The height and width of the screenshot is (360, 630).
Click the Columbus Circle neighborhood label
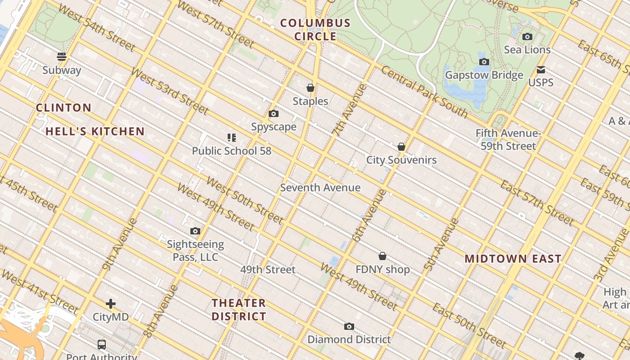tap(315, 30)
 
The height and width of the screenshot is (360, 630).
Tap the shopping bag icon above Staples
tap(310, 87)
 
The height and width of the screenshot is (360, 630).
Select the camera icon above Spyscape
tap(273, 114)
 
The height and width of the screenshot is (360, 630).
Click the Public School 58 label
tap(232, 151)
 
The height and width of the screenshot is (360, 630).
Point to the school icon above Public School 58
tap(232, 137)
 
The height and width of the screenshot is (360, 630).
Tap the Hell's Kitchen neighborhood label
tap(95, 131)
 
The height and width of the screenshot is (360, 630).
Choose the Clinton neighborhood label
tap(63, 108)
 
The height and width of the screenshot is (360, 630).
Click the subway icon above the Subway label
tap(62, 56)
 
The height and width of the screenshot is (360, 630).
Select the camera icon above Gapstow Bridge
tap(484, 62)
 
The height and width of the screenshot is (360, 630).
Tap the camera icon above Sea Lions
tap(527, 36)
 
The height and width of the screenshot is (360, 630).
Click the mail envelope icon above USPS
tap(541, 70)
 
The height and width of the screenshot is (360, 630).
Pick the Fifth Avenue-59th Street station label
tap(508, 139)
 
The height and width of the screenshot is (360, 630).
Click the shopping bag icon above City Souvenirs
tap(401, 147)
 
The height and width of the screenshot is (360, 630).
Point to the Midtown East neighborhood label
tap(513, 259)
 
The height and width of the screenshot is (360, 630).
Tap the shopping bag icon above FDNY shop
tap(382, 256)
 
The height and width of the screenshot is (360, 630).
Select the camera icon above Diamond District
tap(349, 326)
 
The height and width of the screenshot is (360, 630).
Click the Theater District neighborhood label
tap(239, 310)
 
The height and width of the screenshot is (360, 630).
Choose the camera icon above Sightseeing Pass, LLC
tap(195, 231)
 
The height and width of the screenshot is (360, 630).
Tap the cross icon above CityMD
tap(111, 304)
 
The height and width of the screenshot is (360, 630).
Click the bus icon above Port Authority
tap(102, 345)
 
